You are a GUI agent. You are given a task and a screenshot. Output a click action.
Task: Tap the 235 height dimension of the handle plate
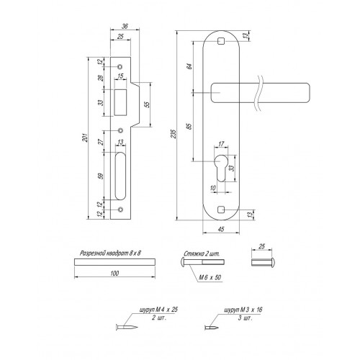[174, 134]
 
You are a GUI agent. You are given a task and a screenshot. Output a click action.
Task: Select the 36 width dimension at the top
[125, 26]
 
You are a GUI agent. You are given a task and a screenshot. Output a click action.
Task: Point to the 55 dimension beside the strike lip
[148, 104]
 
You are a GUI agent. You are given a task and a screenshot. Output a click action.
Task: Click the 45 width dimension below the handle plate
[221, 229]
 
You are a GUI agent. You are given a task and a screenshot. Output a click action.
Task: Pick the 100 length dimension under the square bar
[114, 273]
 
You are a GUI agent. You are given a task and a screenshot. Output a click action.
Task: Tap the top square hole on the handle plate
[221, 42]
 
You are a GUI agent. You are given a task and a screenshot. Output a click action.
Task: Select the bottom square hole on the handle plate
[221, 210]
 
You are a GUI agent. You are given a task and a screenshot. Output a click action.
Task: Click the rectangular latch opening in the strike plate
[120, 102]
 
